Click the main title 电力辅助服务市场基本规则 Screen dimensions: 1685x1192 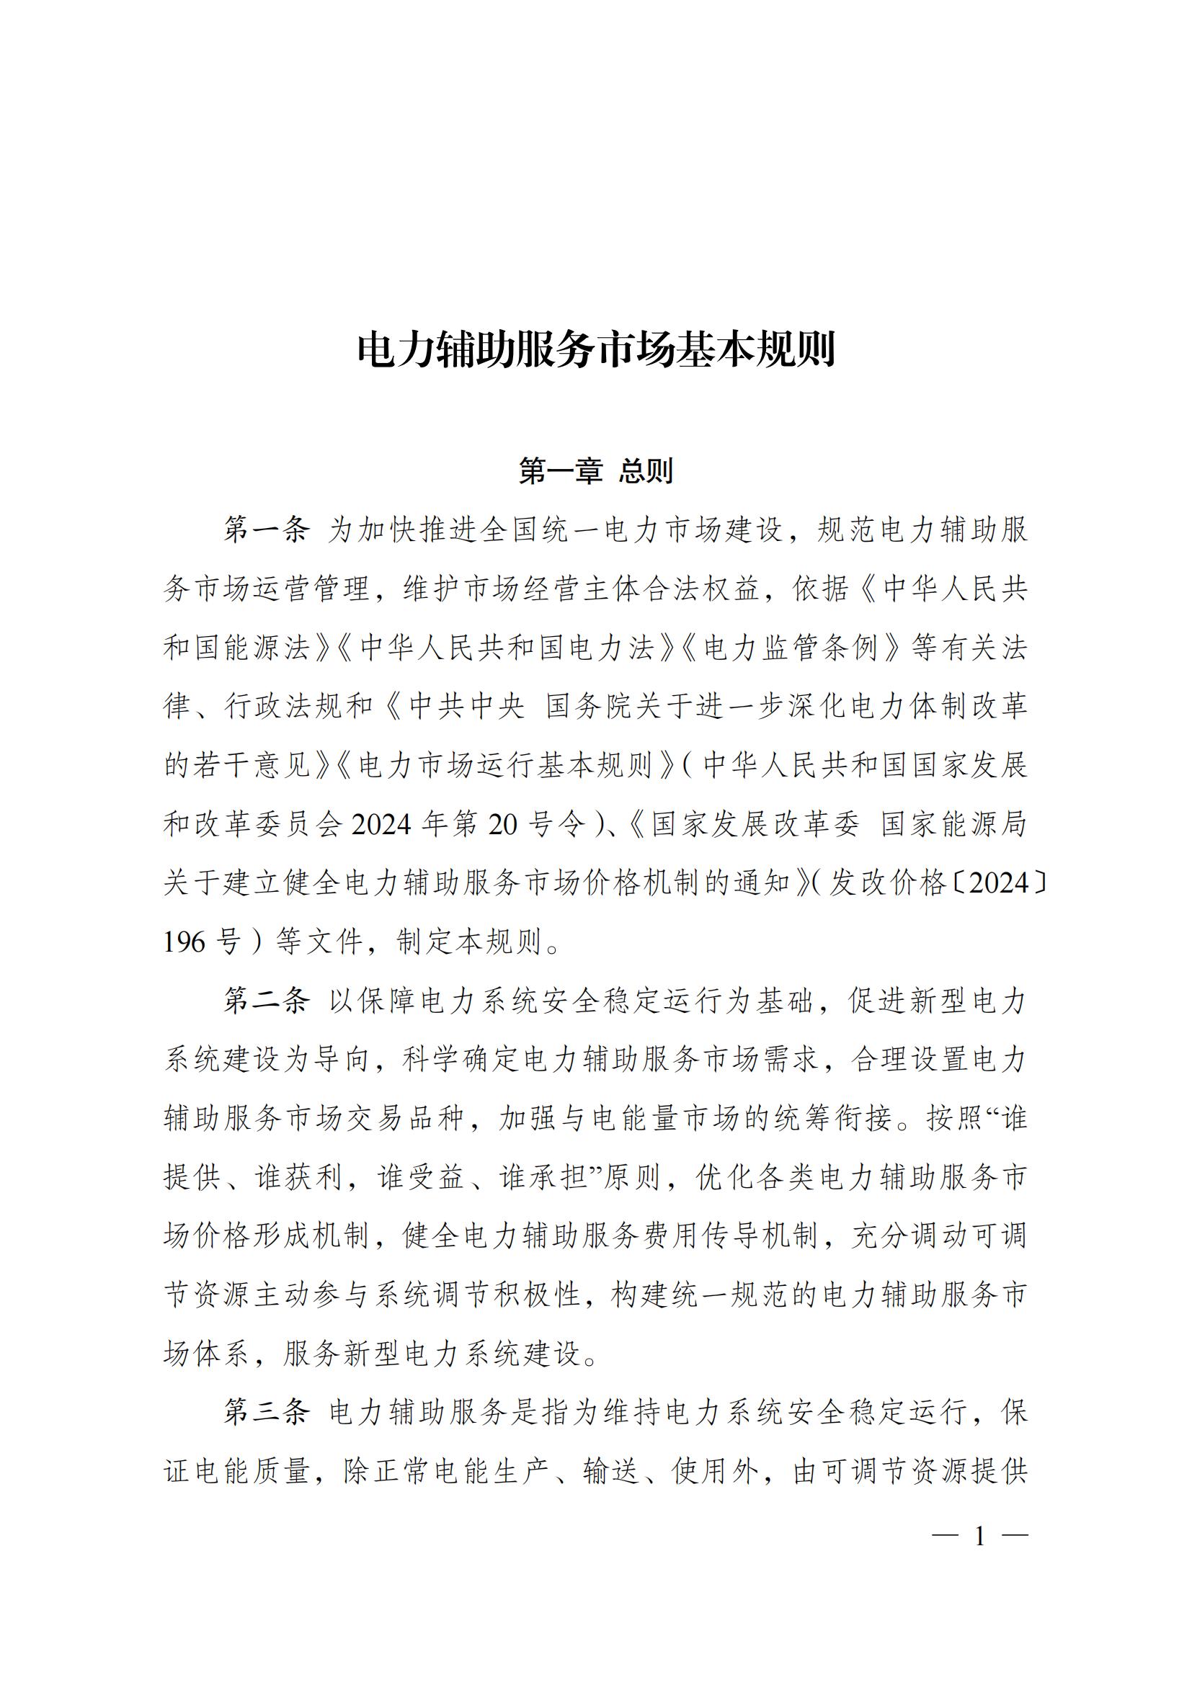(x=596, y=350)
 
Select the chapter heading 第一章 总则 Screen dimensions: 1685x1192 (x=596, y=471)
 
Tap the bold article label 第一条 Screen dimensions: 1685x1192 (x=267, y=530)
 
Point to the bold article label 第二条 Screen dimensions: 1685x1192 (x=267, y=1001)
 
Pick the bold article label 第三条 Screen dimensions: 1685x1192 (x=267, y=1412)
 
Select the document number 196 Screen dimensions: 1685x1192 (x=184, y=942)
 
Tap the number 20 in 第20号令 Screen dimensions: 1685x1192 (x=503, y=825)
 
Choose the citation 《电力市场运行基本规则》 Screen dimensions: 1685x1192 (x=506, y=766)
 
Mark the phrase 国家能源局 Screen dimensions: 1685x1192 (x=954, y=825)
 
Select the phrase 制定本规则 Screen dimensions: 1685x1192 (x=470, y=942)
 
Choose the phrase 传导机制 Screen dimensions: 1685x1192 (x=759, y=1236)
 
